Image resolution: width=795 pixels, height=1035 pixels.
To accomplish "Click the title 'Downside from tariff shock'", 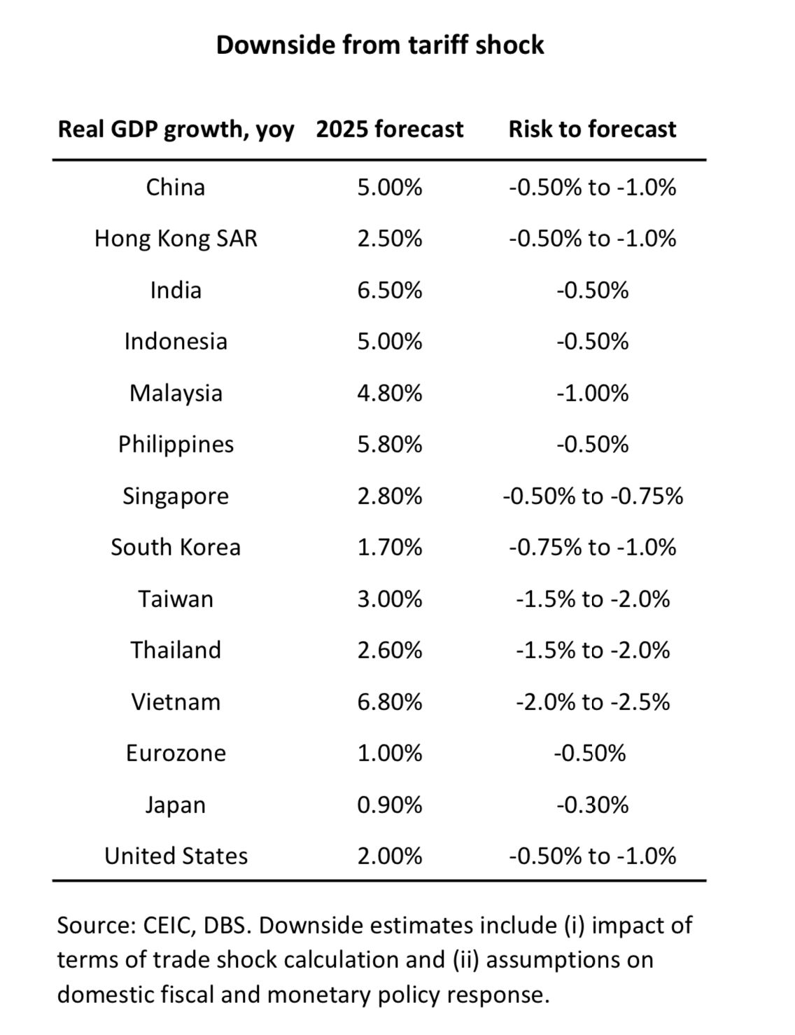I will tap(379, 45).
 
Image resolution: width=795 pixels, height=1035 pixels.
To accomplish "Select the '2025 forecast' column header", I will tap(389, 129).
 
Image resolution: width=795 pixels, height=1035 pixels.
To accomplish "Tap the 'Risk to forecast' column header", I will tap(592, 129).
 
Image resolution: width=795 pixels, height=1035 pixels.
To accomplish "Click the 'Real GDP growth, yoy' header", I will tap(176, 130).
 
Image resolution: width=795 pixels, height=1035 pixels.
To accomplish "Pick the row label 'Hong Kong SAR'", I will tap(176, 238).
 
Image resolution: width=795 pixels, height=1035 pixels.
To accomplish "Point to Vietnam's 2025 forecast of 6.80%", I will tap(389, 702).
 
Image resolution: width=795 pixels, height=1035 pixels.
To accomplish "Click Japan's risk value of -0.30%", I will tap(592, 805).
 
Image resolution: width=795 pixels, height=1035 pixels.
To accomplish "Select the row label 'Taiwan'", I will tap(176, 599).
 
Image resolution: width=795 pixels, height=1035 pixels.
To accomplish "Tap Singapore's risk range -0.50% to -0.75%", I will tap(592, 496).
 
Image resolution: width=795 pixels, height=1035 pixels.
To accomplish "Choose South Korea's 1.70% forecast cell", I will tap(389, 547).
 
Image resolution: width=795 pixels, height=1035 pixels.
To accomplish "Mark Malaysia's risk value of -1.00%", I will tap(592, 393).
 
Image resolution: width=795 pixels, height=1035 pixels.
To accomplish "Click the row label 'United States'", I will tap(176, 856).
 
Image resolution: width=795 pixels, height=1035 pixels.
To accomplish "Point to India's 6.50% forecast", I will tap(389, 290).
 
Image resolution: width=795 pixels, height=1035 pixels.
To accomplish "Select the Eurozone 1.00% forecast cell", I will tap(389, 753).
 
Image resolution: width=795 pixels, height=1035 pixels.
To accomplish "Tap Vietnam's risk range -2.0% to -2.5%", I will tap(592, 702).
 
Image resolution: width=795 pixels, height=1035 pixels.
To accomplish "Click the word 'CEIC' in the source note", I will tap(168, 925).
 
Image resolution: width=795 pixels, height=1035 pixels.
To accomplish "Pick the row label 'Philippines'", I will tap(176, 444).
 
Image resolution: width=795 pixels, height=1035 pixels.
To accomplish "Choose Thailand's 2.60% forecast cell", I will tap(389, 650).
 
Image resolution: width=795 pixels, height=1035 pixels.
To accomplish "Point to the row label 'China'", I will tap(176, 187).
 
